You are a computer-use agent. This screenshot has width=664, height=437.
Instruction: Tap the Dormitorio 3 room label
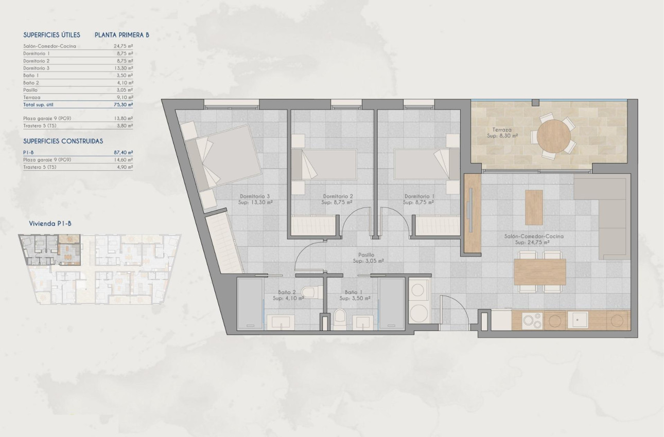(255, 196)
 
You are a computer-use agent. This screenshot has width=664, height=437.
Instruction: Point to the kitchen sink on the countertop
(581, 320)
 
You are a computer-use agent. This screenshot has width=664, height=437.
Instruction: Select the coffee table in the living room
(534, 207)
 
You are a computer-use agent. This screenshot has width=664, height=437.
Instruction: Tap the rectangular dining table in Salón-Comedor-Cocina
(539, 271)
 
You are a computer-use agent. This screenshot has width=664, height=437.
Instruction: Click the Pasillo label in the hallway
(366, 254)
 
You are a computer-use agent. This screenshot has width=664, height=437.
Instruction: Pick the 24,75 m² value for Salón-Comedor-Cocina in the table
(123, 46)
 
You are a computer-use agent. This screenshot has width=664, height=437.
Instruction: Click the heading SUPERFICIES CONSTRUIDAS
(63, 141)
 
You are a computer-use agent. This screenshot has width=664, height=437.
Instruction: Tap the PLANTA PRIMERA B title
(122, 35)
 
